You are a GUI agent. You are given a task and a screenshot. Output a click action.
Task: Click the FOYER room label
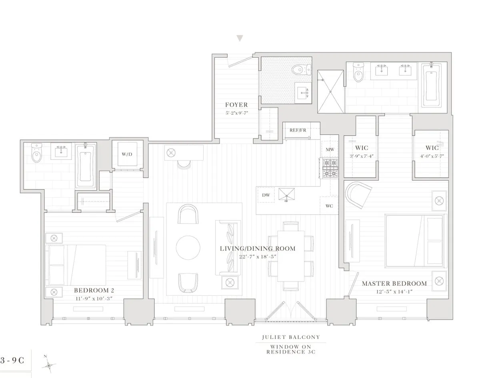(236, 105)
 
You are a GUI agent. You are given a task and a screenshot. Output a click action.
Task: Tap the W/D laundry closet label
(126, 154)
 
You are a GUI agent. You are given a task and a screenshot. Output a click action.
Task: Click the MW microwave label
(330, 150)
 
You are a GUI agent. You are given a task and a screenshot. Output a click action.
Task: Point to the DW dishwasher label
(266, 195)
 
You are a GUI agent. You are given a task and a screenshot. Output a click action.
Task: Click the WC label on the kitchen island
(329, 206)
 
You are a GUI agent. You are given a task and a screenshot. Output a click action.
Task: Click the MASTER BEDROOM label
(394, 284)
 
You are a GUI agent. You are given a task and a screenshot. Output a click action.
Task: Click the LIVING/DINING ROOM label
(258, 248)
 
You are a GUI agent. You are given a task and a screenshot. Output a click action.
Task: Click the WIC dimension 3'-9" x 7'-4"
(361, 156)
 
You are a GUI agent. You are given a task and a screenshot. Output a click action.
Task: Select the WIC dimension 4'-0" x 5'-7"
(432, 156)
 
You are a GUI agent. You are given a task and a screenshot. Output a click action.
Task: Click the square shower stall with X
(330, 92)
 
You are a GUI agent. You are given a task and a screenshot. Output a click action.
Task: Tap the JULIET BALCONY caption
(291, 337)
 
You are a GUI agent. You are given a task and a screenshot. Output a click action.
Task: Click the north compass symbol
(49, 365)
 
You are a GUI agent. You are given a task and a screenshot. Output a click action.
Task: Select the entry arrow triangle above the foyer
(240, 38)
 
